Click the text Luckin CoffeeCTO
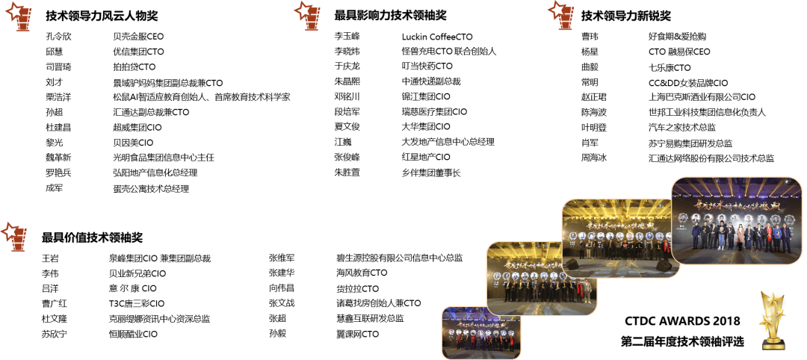coord(437,37)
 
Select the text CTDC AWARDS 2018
coord(682,321)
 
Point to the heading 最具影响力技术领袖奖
coord(390,15)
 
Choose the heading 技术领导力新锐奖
coord(625,15)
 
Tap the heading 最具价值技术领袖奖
coord(91,238)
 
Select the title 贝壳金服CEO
coord(138,37)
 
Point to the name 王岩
coord(50,258)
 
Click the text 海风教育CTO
coord(362,273)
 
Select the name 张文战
coord(282,303)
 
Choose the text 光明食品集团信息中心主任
coord(163,158)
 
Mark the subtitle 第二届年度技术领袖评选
coord(682,341)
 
